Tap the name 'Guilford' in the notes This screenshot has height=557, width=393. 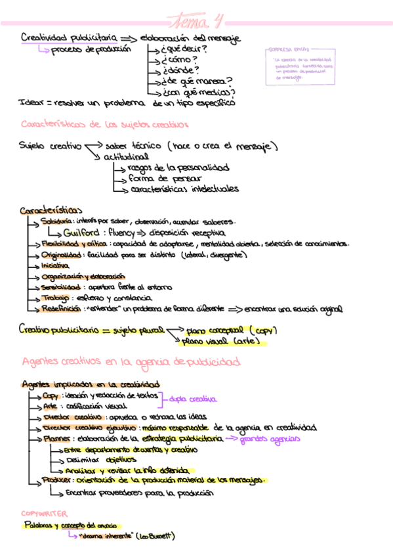(81, 233)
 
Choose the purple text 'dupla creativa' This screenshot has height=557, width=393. (193, 399)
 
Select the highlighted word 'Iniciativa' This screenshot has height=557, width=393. (54, 266)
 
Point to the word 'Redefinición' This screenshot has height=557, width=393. (60, 307)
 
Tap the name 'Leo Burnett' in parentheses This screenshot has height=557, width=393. (155, 536)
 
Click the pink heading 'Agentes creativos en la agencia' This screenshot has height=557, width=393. (131, 362)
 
